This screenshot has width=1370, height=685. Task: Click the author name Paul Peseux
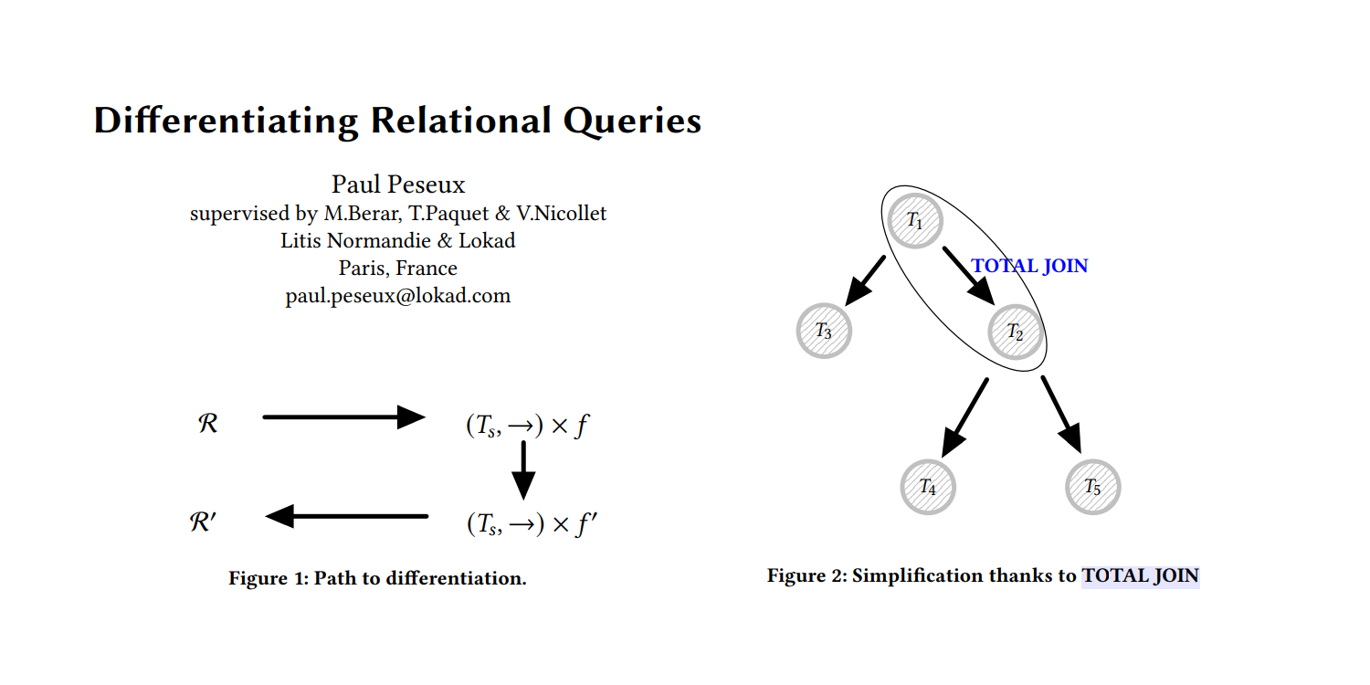pos(398,184)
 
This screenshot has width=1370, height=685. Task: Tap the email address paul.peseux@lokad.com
pos(398,296)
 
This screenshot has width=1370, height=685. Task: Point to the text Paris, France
pos(398,269)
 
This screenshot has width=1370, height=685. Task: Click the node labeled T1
pos(915,220)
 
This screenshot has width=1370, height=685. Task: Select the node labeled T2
pos(1016,331)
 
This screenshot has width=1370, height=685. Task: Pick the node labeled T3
pos(824,331)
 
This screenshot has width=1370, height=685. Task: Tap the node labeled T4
pos(928,486)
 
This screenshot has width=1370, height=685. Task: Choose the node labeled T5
pos(1092,486)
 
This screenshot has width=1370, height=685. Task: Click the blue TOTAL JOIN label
pos(1029,266)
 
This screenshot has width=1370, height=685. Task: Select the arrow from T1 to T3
pos(866,279)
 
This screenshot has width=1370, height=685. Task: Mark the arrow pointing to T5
pos(1061,414)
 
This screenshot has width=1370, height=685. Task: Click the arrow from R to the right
pos(343,417)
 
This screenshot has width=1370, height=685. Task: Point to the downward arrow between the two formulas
pos(522,469)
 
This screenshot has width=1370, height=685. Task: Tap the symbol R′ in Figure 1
pos(204,522)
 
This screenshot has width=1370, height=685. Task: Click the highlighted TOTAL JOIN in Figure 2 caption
pos(1140,576)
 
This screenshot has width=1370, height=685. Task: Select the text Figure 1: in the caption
pos(269,578)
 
